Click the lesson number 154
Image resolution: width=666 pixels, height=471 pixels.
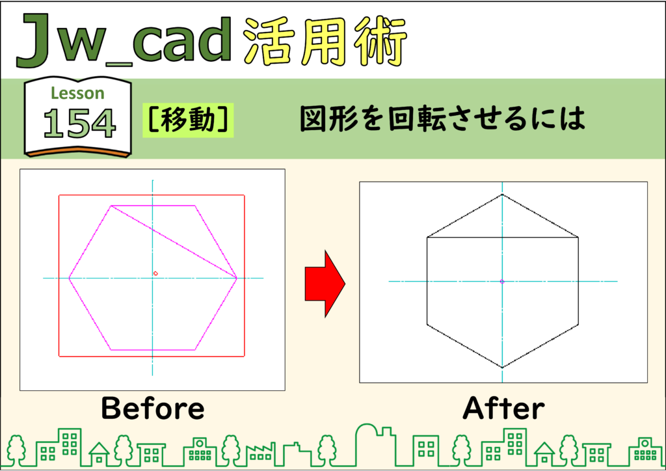(79, 123)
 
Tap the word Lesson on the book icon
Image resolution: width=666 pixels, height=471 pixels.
(78, 93)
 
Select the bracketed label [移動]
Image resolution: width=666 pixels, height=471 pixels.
(188, 120)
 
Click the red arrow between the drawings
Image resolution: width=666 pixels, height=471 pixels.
(325, 284)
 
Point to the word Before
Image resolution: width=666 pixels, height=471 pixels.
(153, 408)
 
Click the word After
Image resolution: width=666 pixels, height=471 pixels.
(504, 408)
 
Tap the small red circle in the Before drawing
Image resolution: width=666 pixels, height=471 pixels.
(155, 273)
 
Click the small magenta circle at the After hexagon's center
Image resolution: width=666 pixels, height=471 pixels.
(502, 282)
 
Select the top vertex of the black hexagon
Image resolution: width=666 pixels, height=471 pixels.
(502, 195)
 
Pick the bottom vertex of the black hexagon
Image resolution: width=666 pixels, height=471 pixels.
(502, 368)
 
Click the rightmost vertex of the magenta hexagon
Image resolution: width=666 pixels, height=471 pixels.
(237, 278)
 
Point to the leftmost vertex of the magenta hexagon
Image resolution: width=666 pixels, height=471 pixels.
(69, 278)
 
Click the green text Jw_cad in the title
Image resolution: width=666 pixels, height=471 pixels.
(125, 40)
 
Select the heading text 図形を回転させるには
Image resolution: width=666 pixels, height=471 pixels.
(442, 118)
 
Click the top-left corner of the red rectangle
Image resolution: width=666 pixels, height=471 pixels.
(59, 195)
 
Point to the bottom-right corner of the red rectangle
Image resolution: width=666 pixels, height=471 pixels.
(245, 357)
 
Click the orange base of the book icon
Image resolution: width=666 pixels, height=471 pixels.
(78, 152)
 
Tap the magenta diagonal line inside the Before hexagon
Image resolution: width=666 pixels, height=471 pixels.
(174, 242)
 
